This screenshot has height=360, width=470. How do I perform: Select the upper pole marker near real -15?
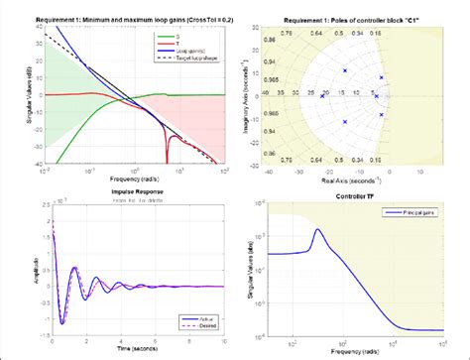pyautogui.click(x=344, y=70)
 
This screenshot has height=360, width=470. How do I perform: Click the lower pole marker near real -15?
pyautogui.click(x=344, y=122)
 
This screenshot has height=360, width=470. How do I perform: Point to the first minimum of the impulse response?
pyautogui.click(x=61, y=323)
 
